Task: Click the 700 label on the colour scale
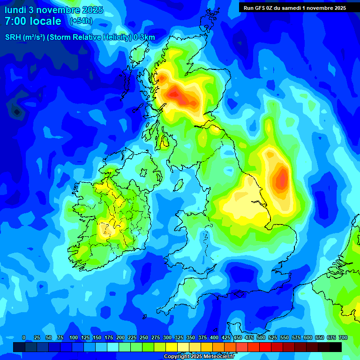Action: (x=343, y=337)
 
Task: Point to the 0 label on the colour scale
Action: (x=23, y=337)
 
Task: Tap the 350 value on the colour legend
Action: (x=190, y=337)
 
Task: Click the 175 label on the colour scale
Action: (x=108, y=337)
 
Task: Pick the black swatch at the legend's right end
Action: (x=336, y=347)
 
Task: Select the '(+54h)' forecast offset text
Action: (x=81, y=21)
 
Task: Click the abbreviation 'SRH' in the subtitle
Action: (x=14, y=37)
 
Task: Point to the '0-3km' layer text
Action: (x=144, y=37)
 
